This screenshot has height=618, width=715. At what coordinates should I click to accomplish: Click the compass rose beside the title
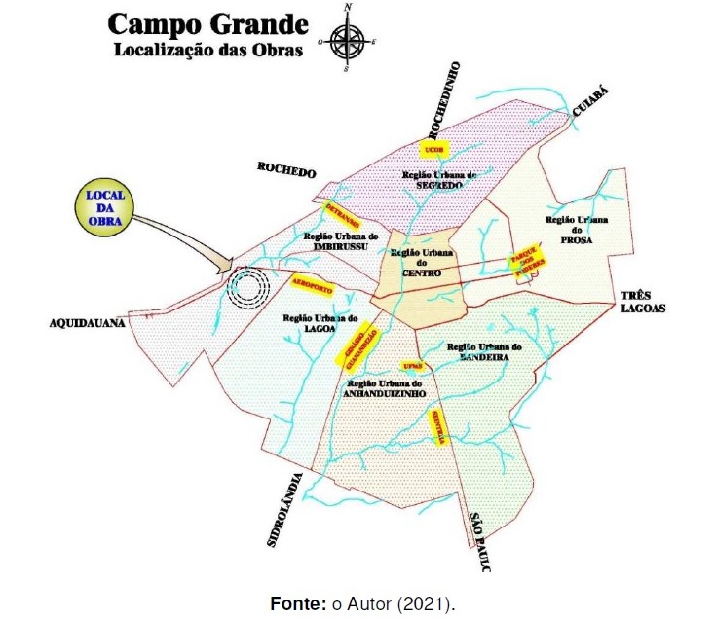click(348, 40)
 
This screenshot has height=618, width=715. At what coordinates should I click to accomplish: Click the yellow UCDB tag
click(433, 149)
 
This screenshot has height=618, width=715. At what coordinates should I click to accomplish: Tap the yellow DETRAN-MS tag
click(340, 213)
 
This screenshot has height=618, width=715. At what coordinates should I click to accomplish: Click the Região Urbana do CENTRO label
click(416, 263)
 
